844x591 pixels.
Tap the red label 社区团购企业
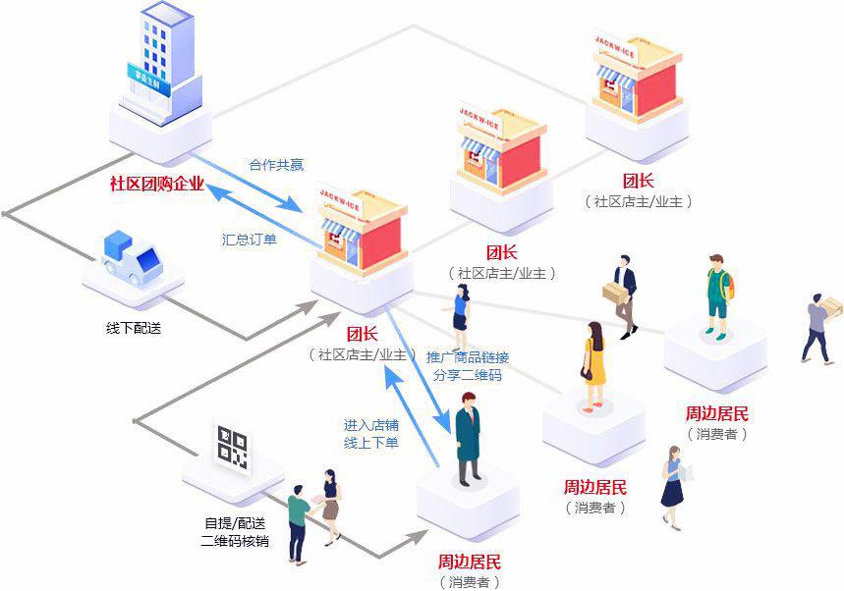click(x=156, y=184)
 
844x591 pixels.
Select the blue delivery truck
click(x=132, y=256)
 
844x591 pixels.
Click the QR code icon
click(x=233, y=448)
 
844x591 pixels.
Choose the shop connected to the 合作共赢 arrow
click(x=362, y=236)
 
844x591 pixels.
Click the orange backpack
click(x=729, y=283)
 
